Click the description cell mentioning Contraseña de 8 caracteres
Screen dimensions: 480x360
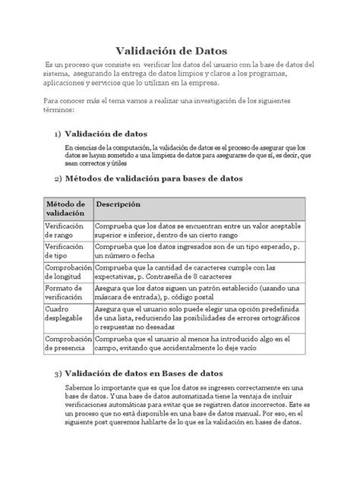pos(195,273)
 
